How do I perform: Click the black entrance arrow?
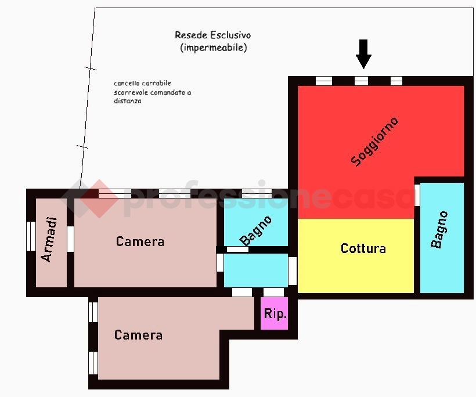(x=363, y=54)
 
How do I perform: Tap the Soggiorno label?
(x=374, y=142)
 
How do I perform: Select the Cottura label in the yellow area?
(x=363, y=248)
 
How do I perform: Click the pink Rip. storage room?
(x=274, y=313)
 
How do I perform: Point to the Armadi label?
(x=50, y=240)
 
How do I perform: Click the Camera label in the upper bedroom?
(x=140, y=241)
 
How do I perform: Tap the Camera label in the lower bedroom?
(x=138, y=335)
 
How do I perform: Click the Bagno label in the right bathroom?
(x=439, y=230)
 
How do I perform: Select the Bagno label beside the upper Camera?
(x=255, y=230)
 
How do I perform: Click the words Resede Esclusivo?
(x=213, y=35)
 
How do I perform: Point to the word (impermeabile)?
(x=214, y=48)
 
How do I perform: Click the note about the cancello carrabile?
(x=153, y=92)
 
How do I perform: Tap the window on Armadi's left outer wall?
(x=31, y=236)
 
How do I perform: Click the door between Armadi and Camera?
(x=70, y=239)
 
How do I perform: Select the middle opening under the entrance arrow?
(x=361, y=81)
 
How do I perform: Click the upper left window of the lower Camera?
(x=93, y=312)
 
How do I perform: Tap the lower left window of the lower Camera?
(x=93, y=363)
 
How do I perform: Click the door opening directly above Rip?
(x=273, y=293)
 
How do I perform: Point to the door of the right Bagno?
(x=417, y=195)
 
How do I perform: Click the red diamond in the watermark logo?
(x=99, y=199)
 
